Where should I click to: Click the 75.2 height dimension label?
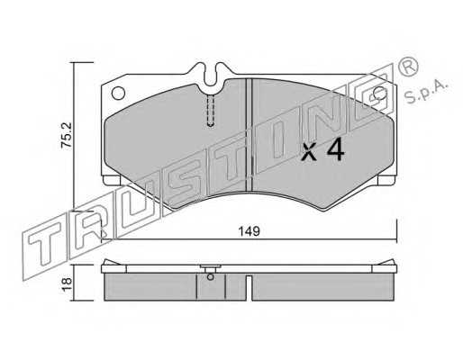pyautogui.click(x=67, y=134)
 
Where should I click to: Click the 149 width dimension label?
pyautogui.click(x=249, y=231)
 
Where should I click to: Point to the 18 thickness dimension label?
pyautogui.click(x=67, y=283)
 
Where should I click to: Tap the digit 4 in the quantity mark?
pyautogui.click(x=336, y=150)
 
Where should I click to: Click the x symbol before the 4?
pyautogui.click(x=309, y=152)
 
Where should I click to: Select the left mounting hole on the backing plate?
pyautogui.click(x=118, y=93)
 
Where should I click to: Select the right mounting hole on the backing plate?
pyautogui.click(x=380, y=93)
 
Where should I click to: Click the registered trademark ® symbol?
pyautogui.click(x=408, y=67)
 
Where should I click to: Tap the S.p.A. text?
pyautogui.click(x=426, y=90)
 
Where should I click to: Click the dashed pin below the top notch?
pyautogui.click(x=211, y=110)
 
